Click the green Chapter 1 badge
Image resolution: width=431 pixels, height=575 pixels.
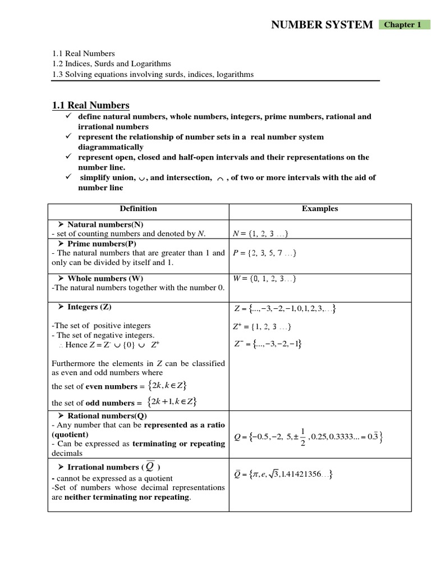pyautogui.click(x=402, y=25)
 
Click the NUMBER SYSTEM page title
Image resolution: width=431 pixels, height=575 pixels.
pyautogui.click(x=322, y=25)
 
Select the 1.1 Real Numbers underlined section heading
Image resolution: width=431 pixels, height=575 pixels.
pyautogui.click(x=90, y=105)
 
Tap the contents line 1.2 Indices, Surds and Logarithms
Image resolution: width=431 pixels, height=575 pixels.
pyautogui.click(x=111, y=63)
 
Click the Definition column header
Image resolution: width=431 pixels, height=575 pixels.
pyautogui.click(x=138, y=208)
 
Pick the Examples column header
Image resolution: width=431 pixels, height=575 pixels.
pyautogui.click(x=320, y=208)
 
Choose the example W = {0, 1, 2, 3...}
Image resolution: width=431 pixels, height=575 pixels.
pyautogui.click(x=264, y=279)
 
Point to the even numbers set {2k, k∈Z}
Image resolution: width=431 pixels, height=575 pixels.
pyautogui.click(x=167, y=386)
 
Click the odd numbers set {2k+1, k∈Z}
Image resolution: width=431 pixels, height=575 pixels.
pyautogui.click(x=172, y=401)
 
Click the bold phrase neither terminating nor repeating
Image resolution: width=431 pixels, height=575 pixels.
pyautogui.click(x=127, y=497)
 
